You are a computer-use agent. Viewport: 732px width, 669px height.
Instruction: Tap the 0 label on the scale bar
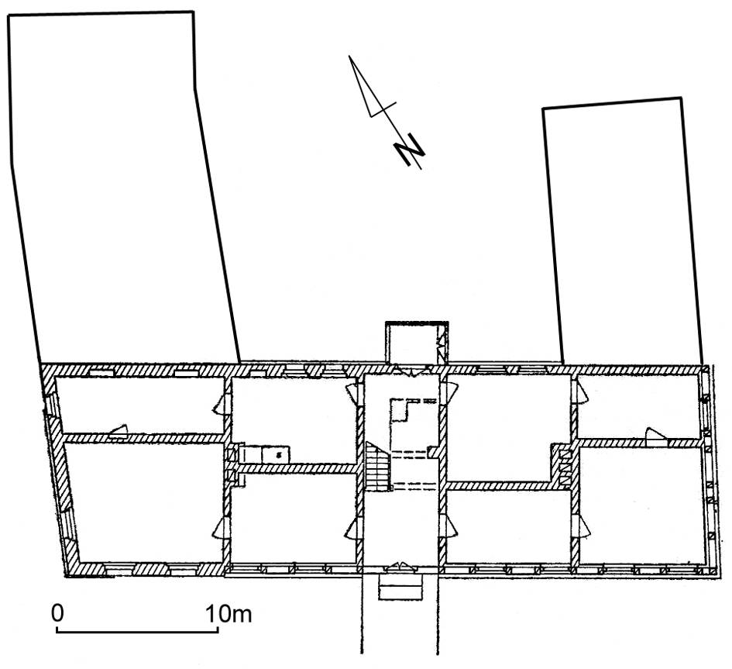[x=57, y=613]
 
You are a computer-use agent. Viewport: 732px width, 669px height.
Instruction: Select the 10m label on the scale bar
[x=229, y=613]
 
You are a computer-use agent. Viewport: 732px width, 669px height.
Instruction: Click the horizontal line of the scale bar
[x=137, y=632]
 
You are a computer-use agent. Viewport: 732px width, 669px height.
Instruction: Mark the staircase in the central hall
[x=377, y=466]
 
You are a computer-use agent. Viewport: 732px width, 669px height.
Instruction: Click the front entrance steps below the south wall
[x=400, y=587]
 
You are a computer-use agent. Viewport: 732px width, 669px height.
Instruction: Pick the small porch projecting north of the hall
[x=417, y=342]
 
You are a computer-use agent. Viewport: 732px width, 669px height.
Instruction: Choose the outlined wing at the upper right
[x=622, y=231]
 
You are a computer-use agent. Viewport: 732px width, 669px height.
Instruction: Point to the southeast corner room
[x=642, y=505]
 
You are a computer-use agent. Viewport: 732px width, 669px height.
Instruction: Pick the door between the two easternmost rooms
[x=656, y=434]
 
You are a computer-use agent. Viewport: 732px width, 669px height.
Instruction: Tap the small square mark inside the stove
[x=279, y=453]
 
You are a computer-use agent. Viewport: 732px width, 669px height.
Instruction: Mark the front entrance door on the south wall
[x=400, y=567]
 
